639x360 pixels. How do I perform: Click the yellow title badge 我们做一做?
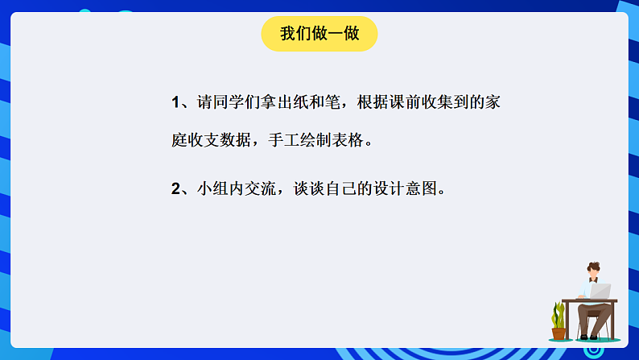pyautogui.click(x=319, y=34)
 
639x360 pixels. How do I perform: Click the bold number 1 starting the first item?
pyautogui.click(x=176, y=102)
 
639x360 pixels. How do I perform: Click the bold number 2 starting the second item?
pyautogui.click(x=176, y=189)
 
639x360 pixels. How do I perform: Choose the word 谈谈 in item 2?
pyautogui.click(x=303, y=189)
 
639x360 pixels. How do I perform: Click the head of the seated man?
pyautogui.click(x=593, y=270)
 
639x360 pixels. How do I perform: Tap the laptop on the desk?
pyautogui.click(x=600, y=291)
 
